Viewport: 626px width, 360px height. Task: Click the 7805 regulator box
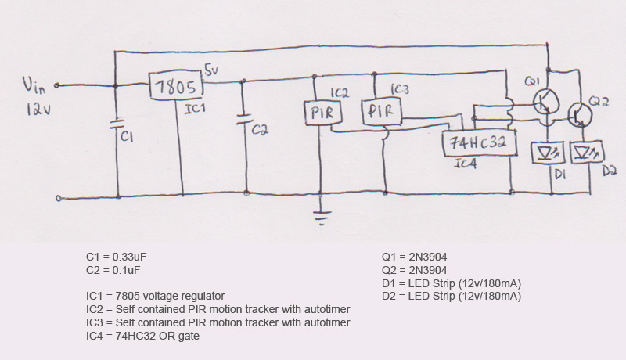click(177, 86)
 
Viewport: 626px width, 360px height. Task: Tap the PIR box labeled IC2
click(319, 114)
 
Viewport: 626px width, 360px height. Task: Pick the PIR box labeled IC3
click(381, 112)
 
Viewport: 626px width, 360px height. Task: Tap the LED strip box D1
click(546, 152)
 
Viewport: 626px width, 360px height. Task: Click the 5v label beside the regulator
click(213, 70)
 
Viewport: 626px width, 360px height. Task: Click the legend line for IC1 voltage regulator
click(156, 297)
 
